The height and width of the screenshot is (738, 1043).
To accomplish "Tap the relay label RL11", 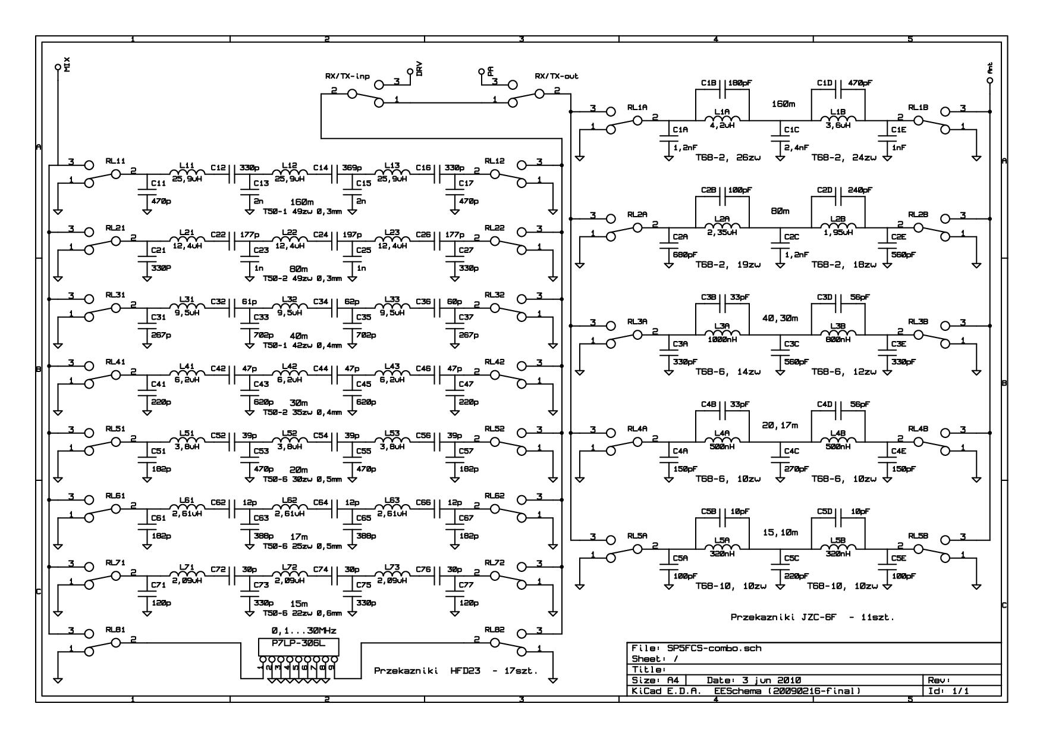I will pos(115,161).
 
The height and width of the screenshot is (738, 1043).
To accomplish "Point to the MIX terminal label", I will pos(67,65).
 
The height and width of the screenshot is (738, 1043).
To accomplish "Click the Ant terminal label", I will pos(990,68).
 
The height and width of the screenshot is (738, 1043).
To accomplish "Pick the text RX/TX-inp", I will pos(347,76).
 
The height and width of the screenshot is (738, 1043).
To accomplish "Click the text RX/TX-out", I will pos(557,76).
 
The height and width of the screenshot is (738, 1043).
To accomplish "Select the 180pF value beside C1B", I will pos(740,83).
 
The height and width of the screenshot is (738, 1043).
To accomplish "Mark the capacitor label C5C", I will pos(791,558).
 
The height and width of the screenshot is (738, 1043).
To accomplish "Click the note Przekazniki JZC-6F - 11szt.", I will pos(812,618).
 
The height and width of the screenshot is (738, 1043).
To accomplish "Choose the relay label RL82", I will pos(494,630).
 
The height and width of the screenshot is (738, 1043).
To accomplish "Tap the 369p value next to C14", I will pos(354,168).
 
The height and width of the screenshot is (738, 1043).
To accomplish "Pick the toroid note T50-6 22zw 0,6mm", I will pos(303,613).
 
